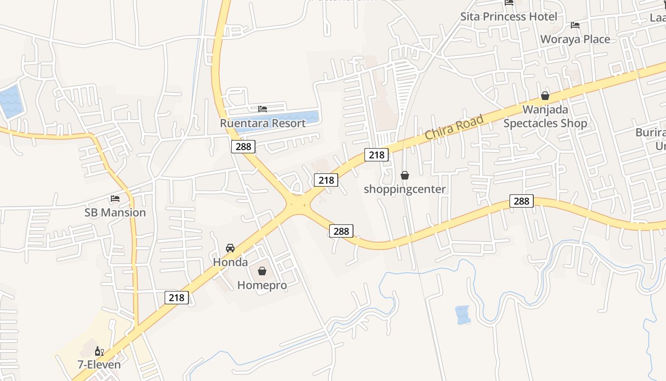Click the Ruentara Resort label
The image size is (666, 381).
263,123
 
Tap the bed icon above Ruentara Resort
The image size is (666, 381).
263,109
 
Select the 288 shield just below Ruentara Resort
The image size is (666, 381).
243,146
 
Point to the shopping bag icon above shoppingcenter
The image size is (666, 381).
405,175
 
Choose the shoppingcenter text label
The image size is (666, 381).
405,189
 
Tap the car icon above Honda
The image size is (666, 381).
230,248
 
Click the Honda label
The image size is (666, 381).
230,262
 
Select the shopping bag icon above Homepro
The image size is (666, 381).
262,271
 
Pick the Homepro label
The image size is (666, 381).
262,285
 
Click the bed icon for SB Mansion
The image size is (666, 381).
115,199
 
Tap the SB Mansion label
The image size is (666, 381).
115,212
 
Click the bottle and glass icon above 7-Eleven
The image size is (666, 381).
99,351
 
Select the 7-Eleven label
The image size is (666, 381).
99,365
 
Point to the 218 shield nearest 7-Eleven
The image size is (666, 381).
176,298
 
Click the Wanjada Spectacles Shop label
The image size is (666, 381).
545,117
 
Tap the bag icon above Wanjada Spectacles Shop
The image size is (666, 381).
545,96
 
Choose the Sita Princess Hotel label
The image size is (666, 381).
509,17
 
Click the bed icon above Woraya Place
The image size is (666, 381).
575,25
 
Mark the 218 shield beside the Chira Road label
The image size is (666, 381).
376,155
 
